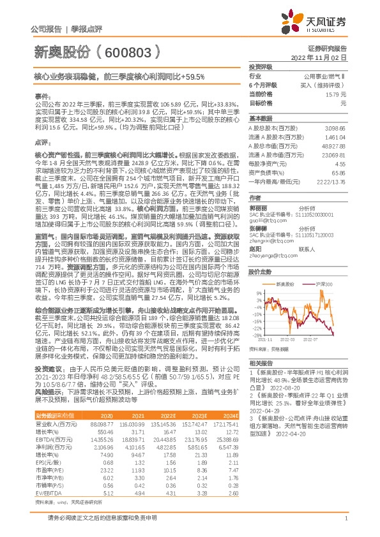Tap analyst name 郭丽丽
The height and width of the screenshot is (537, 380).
pos(258,207)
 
